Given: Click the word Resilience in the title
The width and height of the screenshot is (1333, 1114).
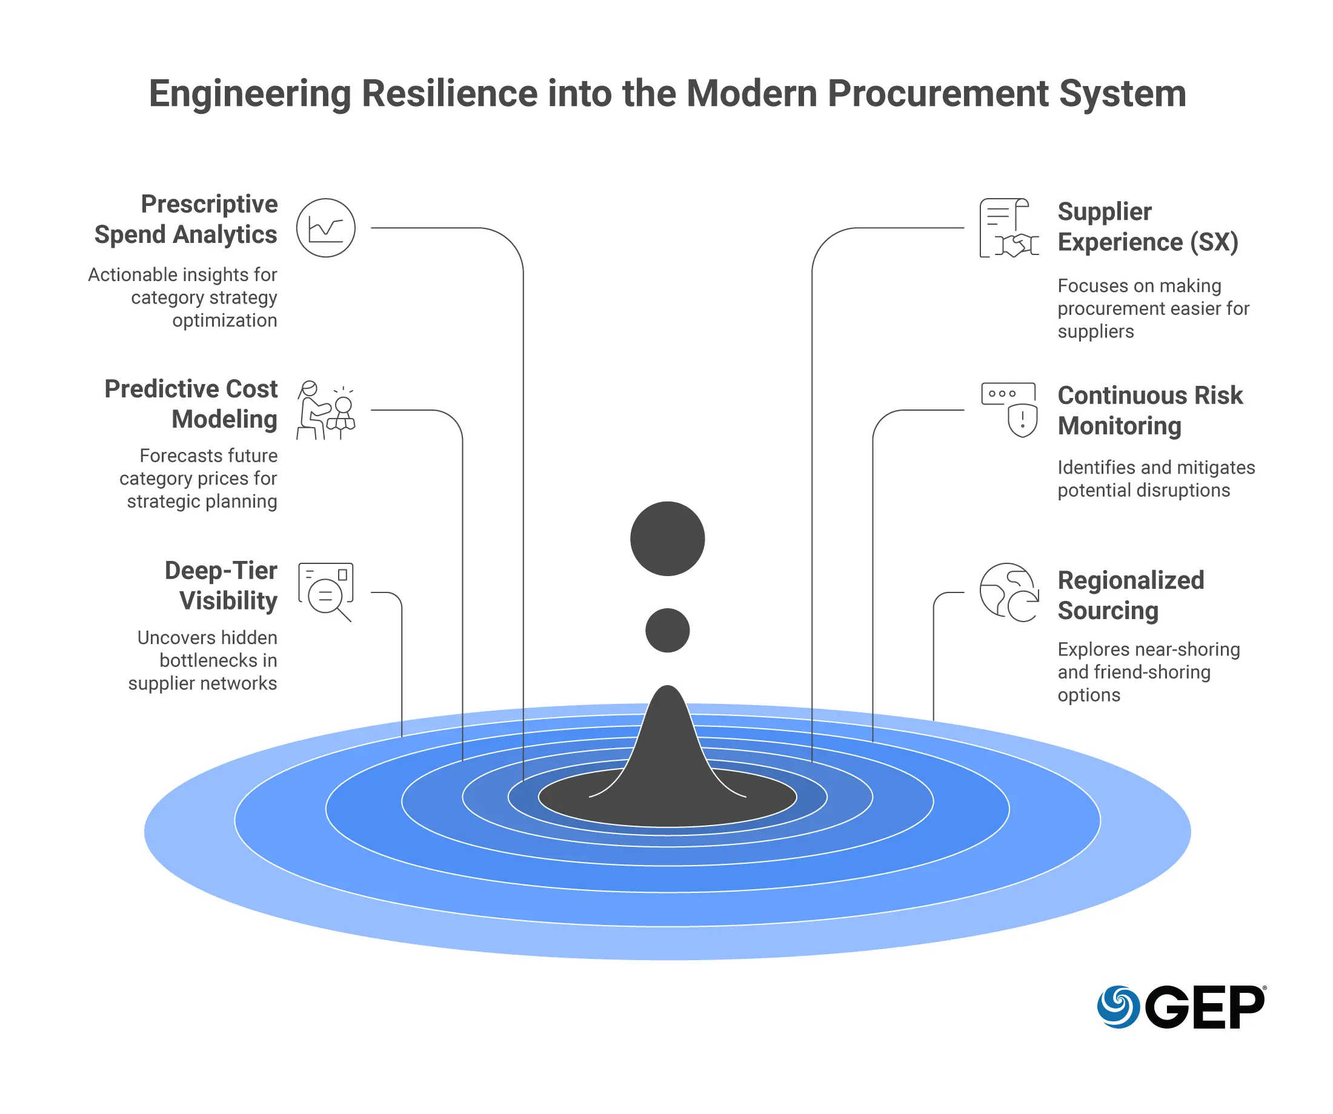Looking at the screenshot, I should point(450,94).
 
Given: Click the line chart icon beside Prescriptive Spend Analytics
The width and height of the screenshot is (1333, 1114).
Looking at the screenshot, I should point(325,228).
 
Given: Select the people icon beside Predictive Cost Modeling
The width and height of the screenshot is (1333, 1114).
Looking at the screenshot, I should point(325,410).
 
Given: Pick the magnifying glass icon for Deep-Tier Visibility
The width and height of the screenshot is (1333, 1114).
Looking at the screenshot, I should point(325,592).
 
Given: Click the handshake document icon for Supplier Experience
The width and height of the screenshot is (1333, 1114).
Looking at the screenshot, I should point(1009,228).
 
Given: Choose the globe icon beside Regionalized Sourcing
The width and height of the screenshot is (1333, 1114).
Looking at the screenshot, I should point(1009,592).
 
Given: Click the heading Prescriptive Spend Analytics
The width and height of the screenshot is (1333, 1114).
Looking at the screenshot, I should point(186,219).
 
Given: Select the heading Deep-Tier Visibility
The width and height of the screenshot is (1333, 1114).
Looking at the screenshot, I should point(222,585).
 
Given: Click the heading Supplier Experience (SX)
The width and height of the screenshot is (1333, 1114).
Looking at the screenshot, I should point(1148,227).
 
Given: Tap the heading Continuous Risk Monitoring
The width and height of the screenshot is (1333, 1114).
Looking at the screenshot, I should point(1149,410).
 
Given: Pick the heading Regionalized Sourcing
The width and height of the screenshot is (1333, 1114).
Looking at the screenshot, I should point(1131,595).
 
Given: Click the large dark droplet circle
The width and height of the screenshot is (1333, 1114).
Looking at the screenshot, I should point(667,539).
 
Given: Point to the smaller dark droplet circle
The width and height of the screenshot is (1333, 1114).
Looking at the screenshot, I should point(667,631).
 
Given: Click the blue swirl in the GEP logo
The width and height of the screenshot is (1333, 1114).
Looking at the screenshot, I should point(1118,1007).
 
